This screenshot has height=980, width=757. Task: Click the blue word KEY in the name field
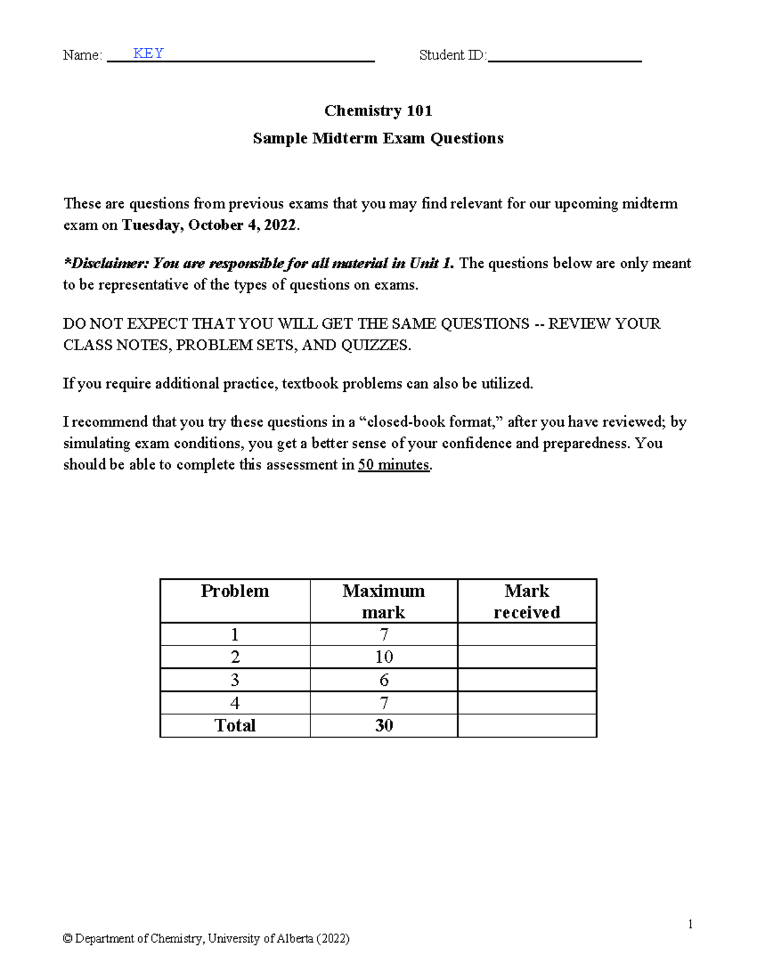(x=148, y=54)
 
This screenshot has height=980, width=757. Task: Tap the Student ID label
(x=452, y=56)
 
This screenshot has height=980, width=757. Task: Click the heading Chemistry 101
(x=378, y=111)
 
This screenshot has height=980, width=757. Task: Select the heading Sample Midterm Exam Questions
(x=378, y=139)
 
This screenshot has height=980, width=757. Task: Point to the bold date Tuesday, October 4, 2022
(x=209, y=226)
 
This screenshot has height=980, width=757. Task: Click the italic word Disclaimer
(x=103, y=264)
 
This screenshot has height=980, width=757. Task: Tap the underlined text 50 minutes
(x=394, y=466)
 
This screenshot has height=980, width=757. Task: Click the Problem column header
(x=235, y=591)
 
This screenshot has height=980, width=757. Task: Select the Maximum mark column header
(x=384, y=601)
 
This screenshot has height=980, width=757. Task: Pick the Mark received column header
(x=527, y=601)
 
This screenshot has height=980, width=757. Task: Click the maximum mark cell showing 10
(x=384, y=657)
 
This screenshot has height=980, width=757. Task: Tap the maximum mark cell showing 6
(x=384, y=680)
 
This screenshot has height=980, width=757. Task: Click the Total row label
(x=235, y=726)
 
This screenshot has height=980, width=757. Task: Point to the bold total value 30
(x=384, y=726)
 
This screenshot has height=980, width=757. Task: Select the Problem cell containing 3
(x=235, y=680)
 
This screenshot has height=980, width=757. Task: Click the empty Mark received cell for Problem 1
(x=527, y=634)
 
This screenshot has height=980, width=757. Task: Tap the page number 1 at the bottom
(x=690, y=924)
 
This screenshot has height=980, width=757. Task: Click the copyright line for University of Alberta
(x=206, y=939)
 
